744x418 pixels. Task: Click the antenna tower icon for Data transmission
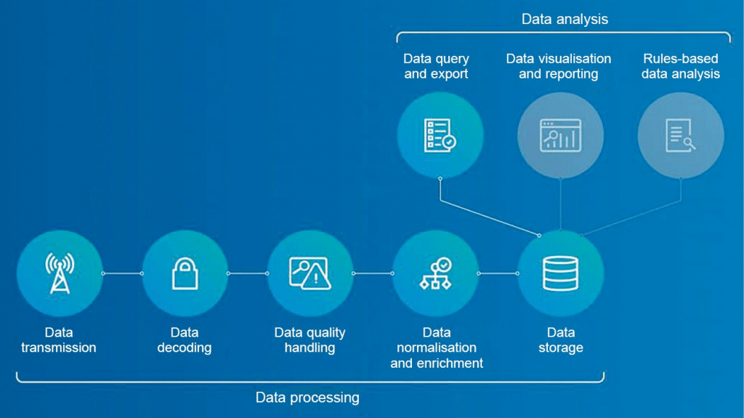point(59,273)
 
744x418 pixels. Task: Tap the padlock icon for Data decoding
point(185,273)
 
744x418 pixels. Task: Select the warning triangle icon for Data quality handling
point(310,273)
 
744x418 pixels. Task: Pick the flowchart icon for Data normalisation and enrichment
point(435,273)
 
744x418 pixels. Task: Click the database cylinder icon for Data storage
point(560,273)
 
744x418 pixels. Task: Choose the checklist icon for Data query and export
point(440,135)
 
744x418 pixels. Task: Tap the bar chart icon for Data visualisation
point(560,135)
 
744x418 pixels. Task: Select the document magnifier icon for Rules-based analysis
point(681,135)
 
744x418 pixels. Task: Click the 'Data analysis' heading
point(565,20)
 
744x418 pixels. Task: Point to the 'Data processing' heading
point(307,398)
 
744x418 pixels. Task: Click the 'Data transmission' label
point(59,340)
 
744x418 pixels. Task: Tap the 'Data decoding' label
point(185,340)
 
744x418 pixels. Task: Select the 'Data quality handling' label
point(310,340)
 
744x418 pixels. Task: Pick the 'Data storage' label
point(560,340)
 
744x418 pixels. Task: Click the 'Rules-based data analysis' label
point(681,66)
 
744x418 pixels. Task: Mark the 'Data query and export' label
point(436,66)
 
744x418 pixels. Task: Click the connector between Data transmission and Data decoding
point(122,273)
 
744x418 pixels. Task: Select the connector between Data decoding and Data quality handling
point(247,273)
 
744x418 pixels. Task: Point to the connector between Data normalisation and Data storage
point(498,273)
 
